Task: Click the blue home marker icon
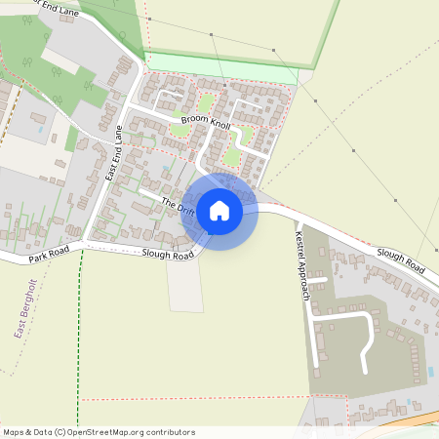click(x=219, y=211)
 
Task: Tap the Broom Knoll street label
click(x=206, y=127)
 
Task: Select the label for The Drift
click(x=179, y=206)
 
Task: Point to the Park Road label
click(x=50, y=257)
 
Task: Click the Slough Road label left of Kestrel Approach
click(x=167, y=255)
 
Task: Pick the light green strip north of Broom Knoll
click(x=224, y=69)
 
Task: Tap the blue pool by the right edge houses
click(x=430, y=372)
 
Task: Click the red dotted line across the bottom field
click(x=195, y=398)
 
